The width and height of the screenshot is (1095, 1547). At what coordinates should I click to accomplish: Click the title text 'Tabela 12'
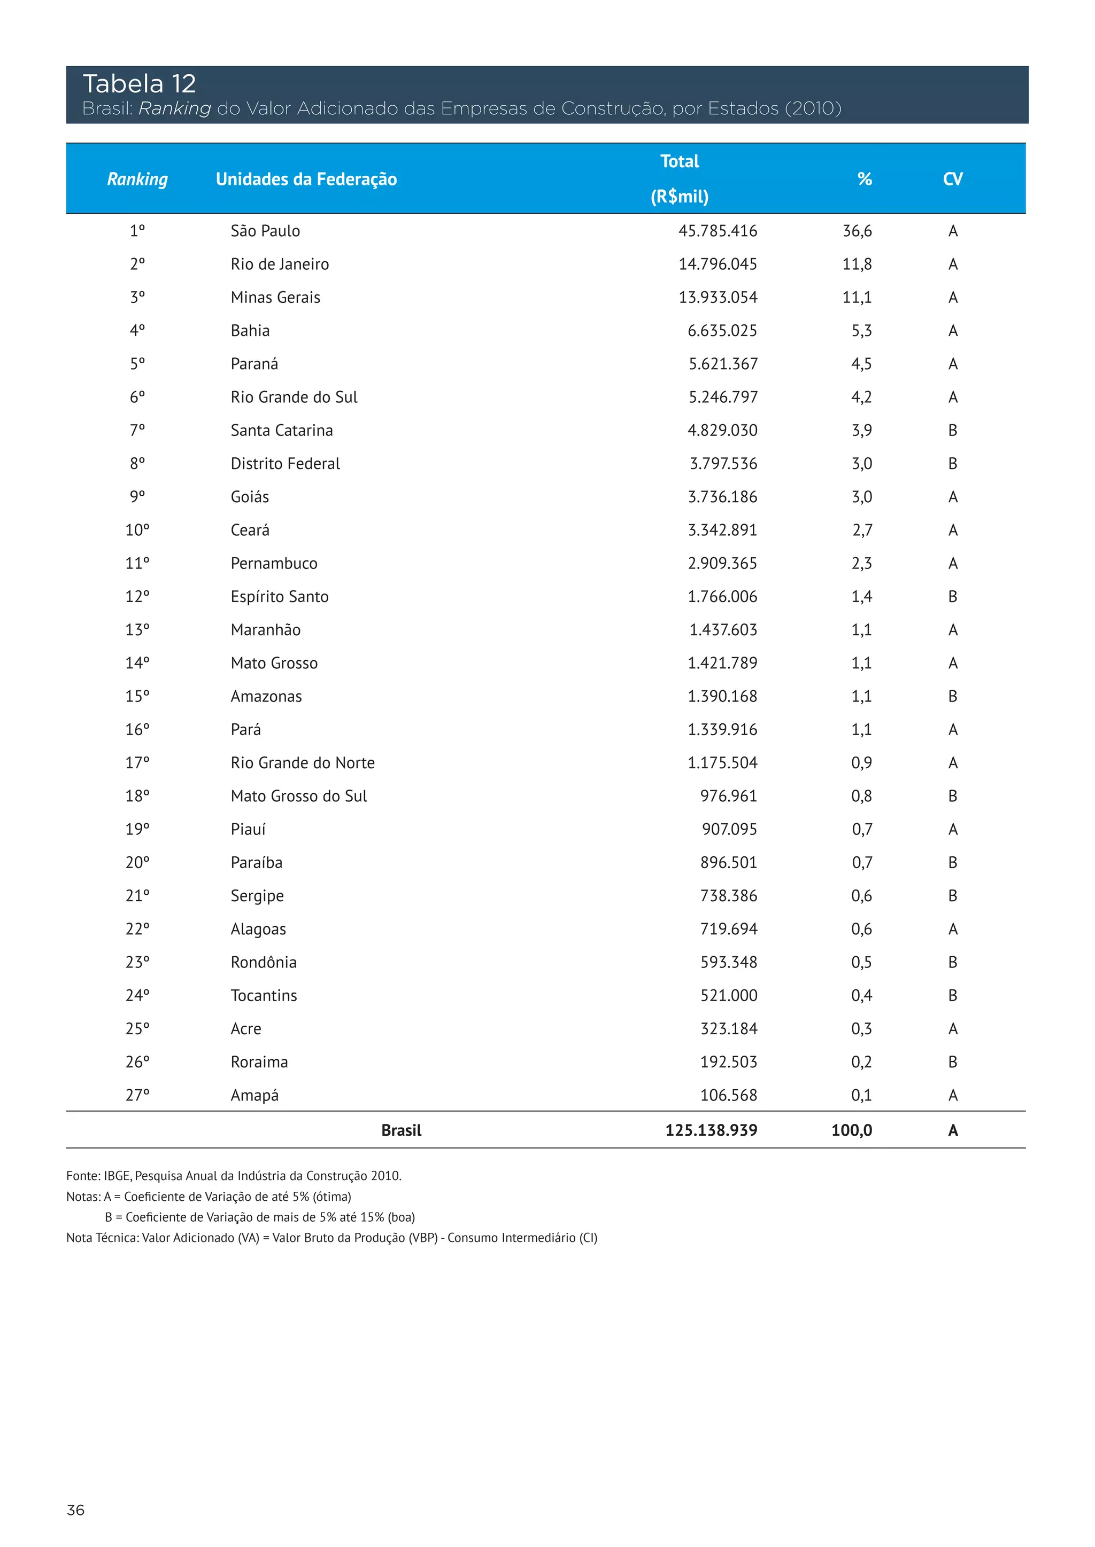coord(139,84)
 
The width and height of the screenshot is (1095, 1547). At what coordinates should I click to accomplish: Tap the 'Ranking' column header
coord(137,179)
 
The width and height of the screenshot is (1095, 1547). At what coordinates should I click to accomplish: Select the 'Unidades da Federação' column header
coord(306,179)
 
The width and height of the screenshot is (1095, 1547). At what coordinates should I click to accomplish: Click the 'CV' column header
coord(952,179)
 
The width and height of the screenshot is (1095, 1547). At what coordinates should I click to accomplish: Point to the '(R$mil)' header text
coord(679,197)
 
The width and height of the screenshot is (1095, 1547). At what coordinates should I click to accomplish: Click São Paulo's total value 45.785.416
coord(718,231)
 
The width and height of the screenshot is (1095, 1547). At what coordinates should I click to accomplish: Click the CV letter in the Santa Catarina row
coord(952,431)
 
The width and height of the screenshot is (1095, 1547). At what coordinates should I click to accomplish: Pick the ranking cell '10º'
coord(137,530)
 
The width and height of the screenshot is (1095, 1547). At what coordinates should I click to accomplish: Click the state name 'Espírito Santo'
coord(279,597)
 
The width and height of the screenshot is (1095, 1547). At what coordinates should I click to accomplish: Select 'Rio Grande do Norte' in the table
coord(302,763)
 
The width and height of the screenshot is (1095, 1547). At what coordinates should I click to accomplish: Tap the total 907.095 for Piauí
coord(729,830)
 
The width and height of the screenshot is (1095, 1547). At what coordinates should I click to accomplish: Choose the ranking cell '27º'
coord(137,1096)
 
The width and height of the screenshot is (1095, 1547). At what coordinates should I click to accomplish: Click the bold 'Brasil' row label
coord(401,1131)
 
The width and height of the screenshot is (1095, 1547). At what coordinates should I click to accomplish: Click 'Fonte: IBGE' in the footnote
coord(98,1176)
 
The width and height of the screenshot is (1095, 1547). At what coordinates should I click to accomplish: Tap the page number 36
coord(75,1510)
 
